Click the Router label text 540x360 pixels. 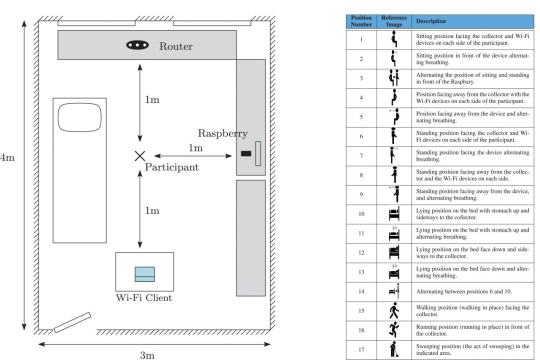[x=175, y=46]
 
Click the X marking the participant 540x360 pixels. [x=139, y=156]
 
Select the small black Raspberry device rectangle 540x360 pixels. [x=245, y=153]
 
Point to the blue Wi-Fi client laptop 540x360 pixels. [x=144, y=274]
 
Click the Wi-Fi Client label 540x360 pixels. [x=144, y=298]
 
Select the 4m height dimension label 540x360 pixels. [x=7, y=157]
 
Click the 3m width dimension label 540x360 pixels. [x=146, y=355]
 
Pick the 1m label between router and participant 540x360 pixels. [x=152, y=99]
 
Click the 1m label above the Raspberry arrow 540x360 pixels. [x=195, y=148]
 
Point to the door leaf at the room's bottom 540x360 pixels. [x=72, y=322]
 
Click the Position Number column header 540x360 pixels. [x=361, y=21]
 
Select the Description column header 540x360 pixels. [x=430, y=21]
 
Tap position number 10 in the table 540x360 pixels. [x=361, y=214]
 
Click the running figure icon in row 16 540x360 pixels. [x=394, y=330]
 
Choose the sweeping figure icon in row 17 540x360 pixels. [x=394, y=349]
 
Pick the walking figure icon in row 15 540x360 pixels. [x=394, y=311]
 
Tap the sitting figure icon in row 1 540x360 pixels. [x=394, y=39]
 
